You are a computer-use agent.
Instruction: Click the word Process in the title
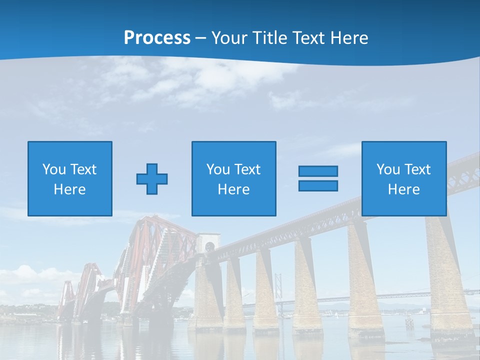pyautogui.click(x=157, y=38)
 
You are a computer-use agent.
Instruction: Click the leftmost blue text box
pyautogui.click(x=70, y=178)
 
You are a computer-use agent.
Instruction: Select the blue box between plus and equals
pyautogui.click(x=233, y=178)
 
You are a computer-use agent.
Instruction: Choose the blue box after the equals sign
pyautogui.click(x=404, y=178)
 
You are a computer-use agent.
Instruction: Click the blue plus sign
pyautogui.click(x=152, y=179)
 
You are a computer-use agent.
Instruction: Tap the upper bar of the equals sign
pyautogui.click(x=318, y=171)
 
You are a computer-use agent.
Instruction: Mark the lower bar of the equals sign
pyautogui.click(x=318, y=185)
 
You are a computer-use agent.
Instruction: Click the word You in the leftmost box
pyautogui.click(x=54, y=169)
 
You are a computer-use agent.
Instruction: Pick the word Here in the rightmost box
pyautogui.click(x=404, y=189)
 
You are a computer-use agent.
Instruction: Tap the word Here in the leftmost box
pyautogui.click(x=70, y=189)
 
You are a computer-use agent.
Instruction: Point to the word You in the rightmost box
pyautogui.click(x=388, y=169)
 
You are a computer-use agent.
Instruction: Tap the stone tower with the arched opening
pyautogui.click(x=207, y=280)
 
